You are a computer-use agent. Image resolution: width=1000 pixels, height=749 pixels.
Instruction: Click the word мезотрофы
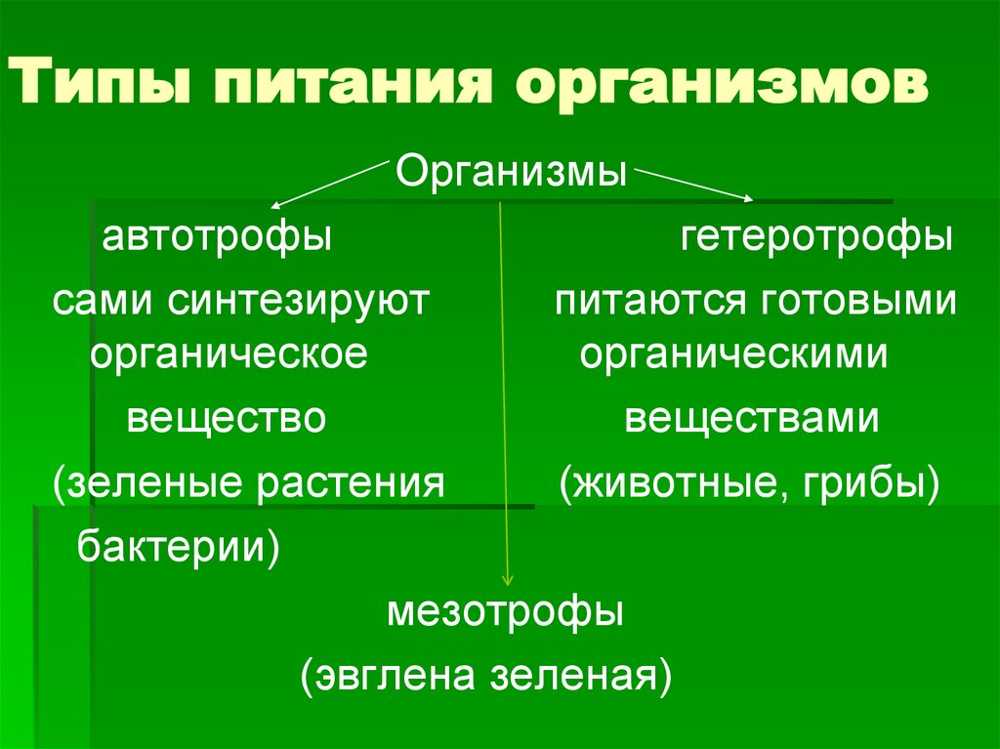pos(505,614)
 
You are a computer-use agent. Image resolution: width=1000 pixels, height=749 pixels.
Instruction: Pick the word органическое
pos(229,354)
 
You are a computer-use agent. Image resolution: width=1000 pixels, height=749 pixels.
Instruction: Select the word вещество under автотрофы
pos(225,419)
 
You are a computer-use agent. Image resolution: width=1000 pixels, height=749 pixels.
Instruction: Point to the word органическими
pos(733,354)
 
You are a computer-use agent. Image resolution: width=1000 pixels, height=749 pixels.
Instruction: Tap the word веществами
pos(752,419)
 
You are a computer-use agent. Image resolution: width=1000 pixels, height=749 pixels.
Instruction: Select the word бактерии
pos(176,546)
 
